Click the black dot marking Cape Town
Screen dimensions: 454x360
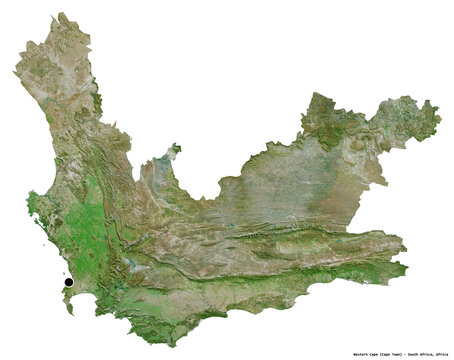(67, 283)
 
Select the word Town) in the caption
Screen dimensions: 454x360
(395, 354)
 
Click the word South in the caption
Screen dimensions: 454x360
(410, 354)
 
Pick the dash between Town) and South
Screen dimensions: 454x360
(402, 354)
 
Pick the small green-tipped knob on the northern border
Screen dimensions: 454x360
(175, 148)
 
